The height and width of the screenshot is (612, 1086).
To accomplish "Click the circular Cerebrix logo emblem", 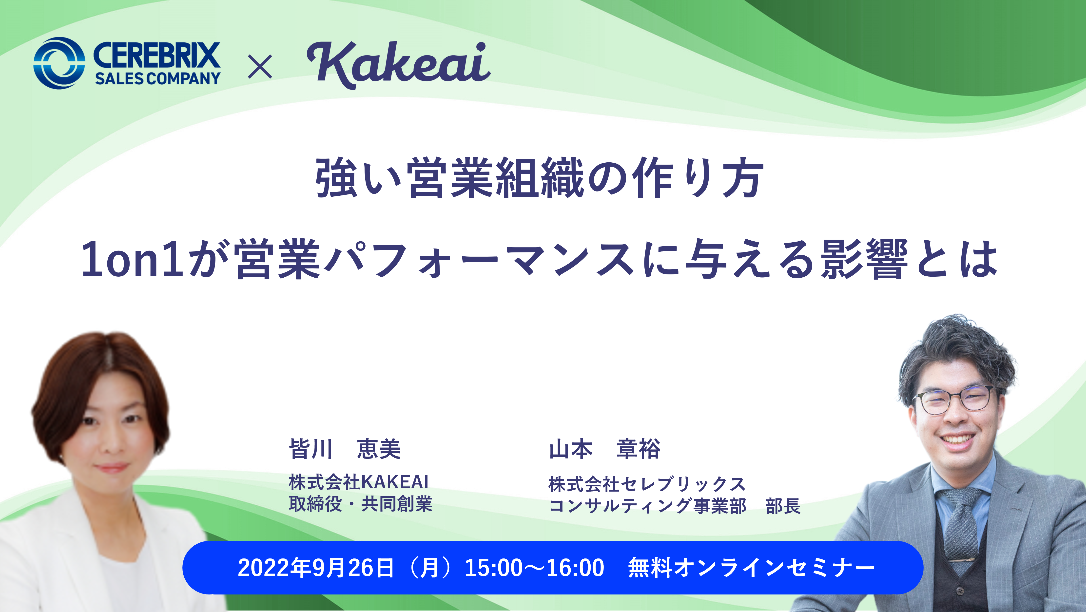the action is tap(59, 63).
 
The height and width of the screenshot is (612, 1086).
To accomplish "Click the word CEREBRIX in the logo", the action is tap(156, 55).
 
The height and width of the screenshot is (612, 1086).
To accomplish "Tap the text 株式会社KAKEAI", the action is tap(358, 482).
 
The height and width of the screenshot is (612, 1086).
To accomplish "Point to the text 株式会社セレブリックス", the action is tap(647, 484).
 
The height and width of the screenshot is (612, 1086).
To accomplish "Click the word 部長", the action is tap(783, 506).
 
